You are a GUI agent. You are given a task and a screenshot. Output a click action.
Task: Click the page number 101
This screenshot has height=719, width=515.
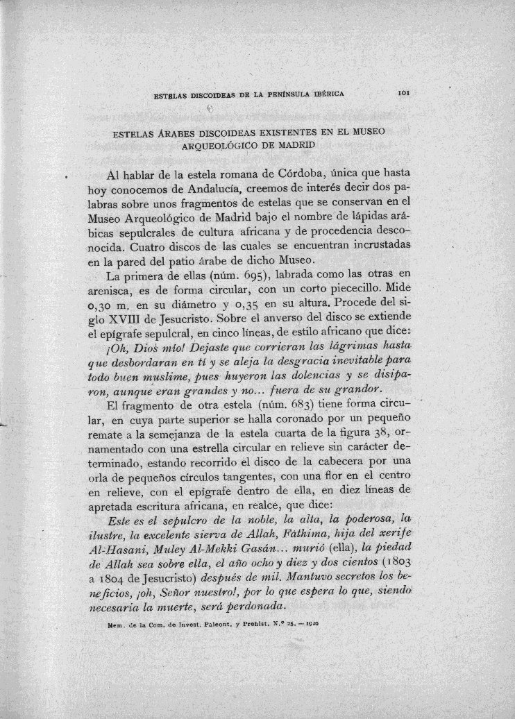click(x=407, y=91)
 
